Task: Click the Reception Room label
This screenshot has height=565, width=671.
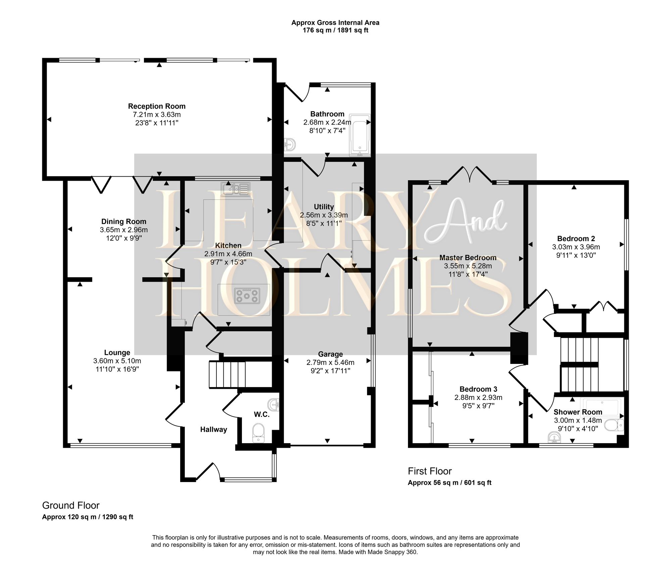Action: (x=157, y=106)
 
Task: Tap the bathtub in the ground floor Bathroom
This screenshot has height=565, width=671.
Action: (x=360, y=135)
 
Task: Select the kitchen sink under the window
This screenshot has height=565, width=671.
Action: (x=236, y=189)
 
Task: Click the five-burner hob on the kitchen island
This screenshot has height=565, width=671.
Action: (x=247, y=296)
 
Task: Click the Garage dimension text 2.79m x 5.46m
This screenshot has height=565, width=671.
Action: (x=330, y=363)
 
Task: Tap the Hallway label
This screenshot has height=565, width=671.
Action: (x=213, y=429)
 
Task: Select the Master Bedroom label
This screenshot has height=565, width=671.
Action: (x=468, y=257)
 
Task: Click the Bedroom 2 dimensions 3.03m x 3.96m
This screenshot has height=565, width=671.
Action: (x=576, y=247)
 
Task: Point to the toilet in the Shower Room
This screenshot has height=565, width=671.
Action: (x=614, y=425)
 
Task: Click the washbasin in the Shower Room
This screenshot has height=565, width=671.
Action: (x=554, y=437)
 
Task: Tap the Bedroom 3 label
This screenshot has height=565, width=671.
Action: (x=478, y=389)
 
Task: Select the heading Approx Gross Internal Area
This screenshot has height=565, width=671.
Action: (x=335, y=22)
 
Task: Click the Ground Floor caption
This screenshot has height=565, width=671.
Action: (x=71, y=505)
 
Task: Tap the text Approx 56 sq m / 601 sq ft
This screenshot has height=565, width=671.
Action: (x=449, y=483)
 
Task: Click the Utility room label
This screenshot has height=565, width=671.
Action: (x=324, y=207)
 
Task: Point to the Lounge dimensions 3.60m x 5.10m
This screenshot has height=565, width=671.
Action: (x=117, y=361)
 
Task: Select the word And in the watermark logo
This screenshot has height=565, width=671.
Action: (x=466, y=222)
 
